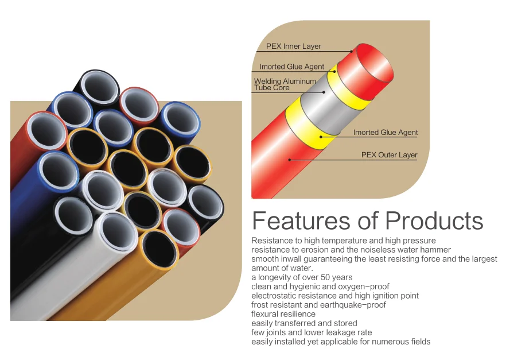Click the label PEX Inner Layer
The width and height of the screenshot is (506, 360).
(294, 47)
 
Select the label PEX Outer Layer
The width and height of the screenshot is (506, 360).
(389, 155)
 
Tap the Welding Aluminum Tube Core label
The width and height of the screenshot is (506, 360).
(285, 84)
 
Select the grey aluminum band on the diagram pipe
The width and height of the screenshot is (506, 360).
(330, 109)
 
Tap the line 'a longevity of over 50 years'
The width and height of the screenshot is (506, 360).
(302, 277)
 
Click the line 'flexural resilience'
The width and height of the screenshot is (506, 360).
(283, 314)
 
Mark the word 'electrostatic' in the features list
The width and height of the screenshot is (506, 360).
(273, 296)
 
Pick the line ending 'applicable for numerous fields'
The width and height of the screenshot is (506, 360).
(341, 342)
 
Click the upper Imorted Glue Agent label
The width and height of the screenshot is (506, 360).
(292, 67)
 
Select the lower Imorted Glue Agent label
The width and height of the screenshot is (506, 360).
(386, 133)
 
